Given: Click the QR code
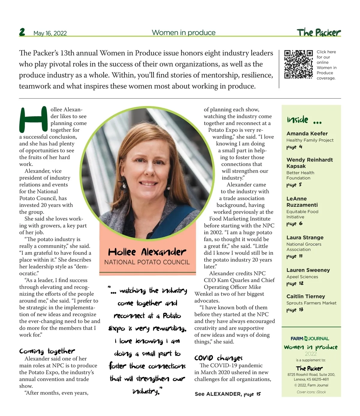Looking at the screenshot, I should point(298,64).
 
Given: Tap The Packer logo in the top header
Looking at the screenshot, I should point(319,32).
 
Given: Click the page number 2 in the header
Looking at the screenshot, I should point(22,32).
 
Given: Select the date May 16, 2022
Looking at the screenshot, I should point(50,33).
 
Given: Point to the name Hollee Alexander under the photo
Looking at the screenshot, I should point(147,252).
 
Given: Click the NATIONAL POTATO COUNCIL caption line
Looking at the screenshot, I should point(147,262).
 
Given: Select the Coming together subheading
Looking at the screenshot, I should point(47,351).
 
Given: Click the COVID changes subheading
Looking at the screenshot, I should point(218,358).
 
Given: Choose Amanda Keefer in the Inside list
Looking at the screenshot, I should point(307,134).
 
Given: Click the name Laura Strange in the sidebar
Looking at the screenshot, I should point(305,238).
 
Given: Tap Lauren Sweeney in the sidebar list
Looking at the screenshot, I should point(308,270).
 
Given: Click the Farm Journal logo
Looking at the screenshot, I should point(310,339).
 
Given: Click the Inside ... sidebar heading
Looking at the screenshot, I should point(304,120).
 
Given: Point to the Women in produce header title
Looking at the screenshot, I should point(184,33).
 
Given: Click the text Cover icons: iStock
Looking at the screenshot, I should point(311,392).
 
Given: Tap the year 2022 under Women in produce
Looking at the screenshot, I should point(311,354).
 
